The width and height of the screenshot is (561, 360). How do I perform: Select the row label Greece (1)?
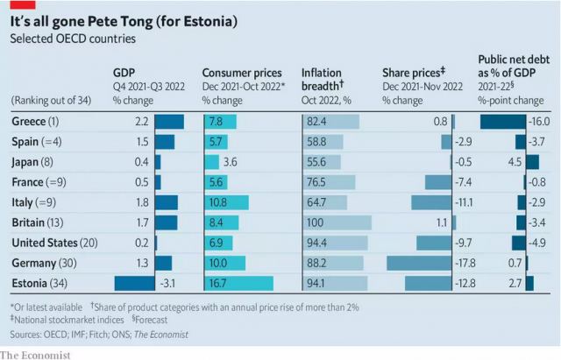pyautogui.click(x=36, y=121)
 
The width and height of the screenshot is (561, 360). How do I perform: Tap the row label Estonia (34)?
pyautogui.click(x=39, y=282)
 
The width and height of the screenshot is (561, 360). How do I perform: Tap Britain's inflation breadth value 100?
pyautogui.click(x=313, y=222)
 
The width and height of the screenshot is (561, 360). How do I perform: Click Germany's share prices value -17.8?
pyautogui.click(x=465, y=262)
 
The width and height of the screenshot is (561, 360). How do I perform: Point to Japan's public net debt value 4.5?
pyautogui.click(x=490, y=161)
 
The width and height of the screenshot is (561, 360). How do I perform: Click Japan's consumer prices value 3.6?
pyautogui.click(x=231, y=161)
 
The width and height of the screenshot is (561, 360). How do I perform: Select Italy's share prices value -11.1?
pyautogui.click(x=465, y=201)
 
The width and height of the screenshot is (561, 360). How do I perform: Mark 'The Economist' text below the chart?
pyautogui.click(x=35, y=353)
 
